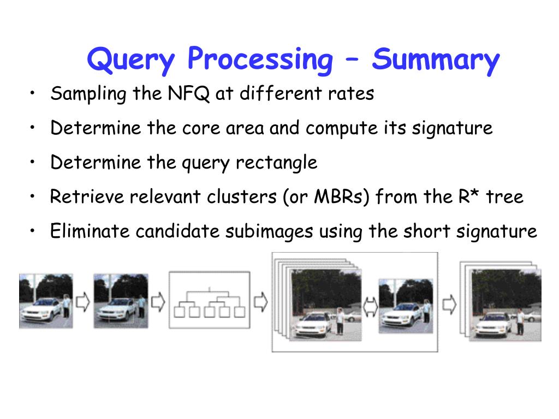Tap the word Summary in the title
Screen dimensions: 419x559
[x=436, y=60]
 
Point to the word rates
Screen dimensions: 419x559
[x=351, y=94]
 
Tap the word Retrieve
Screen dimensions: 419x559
[x=87, y=196]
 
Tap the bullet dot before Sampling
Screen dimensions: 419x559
[x=34, y=93]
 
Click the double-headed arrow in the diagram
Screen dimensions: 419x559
[x=371, y=304]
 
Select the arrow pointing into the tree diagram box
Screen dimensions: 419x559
[x=158, y=302]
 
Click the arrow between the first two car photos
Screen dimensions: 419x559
[x=83, y=302]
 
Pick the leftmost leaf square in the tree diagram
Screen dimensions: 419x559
[x=179, y=312]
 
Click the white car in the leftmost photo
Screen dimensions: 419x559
[x=41, y=309]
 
